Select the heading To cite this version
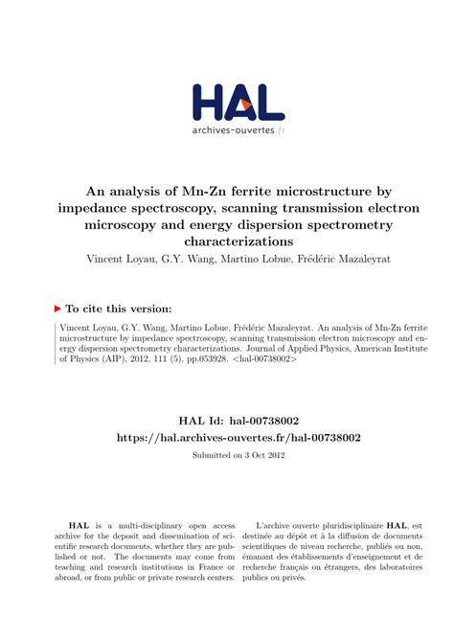118,309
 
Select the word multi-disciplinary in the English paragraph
156,526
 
